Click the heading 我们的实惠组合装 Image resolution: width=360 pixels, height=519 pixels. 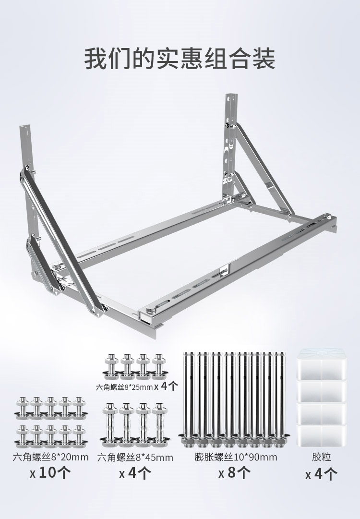tap(180, 59)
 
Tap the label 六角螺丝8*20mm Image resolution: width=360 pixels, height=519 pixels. tap(51, 457)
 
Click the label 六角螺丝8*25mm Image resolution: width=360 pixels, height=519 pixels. tap(124, 386)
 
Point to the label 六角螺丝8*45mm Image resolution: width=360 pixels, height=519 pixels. tap(135, 458)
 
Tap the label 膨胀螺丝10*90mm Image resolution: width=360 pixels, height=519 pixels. tap(236, 457)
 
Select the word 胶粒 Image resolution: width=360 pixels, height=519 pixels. tap(321, 457)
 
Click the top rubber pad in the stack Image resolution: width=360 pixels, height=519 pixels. tap(321, 365)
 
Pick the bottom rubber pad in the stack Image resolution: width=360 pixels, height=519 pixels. tap(321, 435)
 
